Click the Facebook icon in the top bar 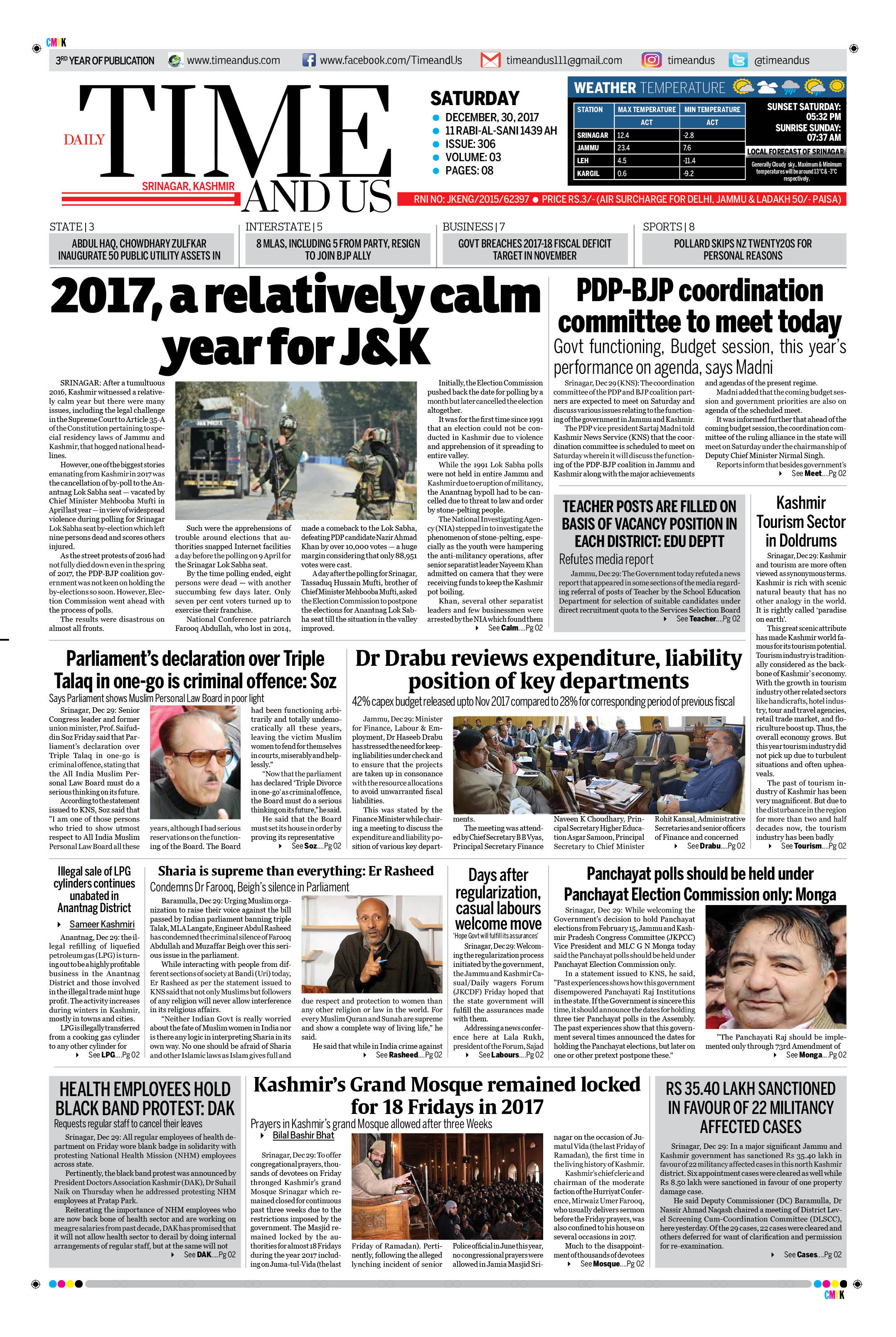point(308,60)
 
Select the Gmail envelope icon point(490,60)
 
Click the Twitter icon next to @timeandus point(738,60)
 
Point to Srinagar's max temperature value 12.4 point(623,135)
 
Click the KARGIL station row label point(588,173)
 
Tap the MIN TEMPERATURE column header point(712,109)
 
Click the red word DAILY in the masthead point(84,140)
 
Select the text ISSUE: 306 point(470,144)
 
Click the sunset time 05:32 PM point(823,117)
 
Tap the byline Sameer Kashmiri point(102,924)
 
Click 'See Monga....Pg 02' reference point(815,1055)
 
